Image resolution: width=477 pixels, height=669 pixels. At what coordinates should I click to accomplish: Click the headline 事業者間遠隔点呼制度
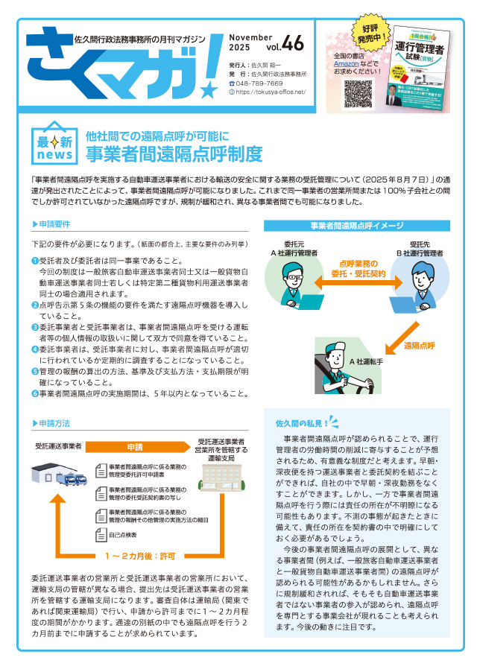pos(174,154)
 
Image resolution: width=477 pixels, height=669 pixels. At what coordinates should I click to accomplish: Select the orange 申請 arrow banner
pos(136,447)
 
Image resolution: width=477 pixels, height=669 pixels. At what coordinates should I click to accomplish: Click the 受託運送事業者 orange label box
pos(58,446)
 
